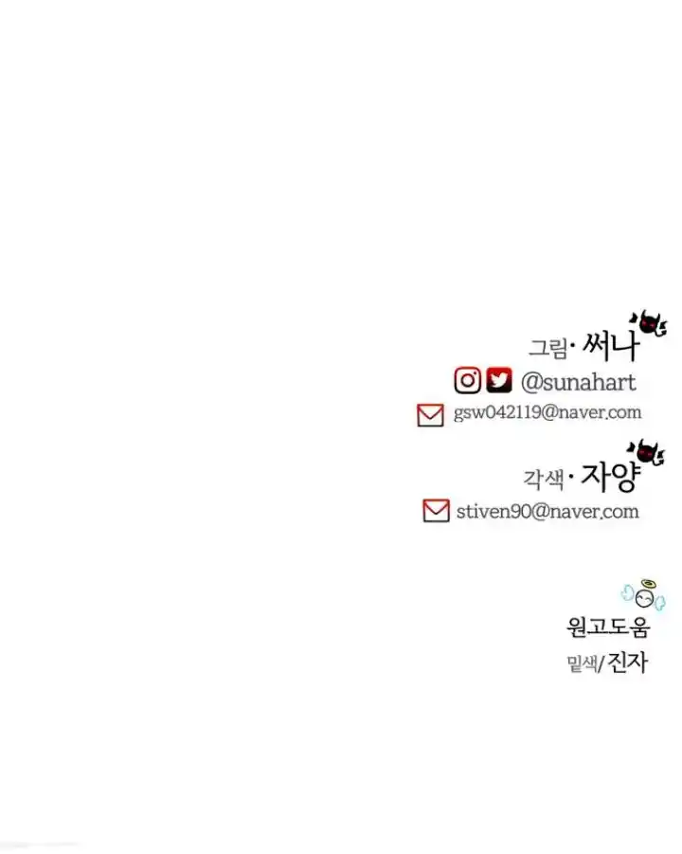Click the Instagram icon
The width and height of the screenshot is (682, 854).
pyautogui.click(x=468, y=381)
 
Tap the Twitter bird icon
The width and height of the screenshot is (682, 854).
pyautogui.click(x=498, y=380)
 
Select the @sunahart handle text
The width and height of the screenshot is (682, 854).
pyautogui.click(x=578, y=382)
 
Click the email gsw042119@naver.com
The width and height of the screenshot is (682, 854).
pyautogui.click(x=547, y=412)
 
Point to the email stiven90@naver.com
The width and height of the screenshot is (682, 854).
pyautogui.click(x=547, y=512)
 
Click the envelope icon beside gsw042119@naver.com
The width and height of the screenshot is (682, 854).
pyautogui.click(x=431, y=415)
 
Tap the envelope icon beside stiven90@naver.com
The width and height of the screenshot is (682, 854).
pyautogui.click(x=436, y=511)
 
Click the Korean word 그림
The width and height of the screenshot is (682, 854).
pyautogui.click(x=548, y=348)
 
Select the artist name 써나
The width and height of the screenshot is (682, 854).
pyautogui.click(x=611, y=346)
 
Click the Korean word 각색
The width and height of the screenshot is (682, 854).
pyautogui.click(x=543, y=480)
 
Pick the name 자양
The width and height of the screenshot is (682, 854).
pyautogui.click(x=610, y=477)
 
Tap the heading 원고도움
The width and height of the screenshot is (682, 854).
pyautogui.click(x=608, y=627)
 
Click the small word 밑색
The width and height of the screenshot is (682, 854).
pyautogui.click(x=581, y=663)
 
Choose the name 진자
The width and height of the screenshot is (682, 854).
pyautogui.click(x=627, y=663)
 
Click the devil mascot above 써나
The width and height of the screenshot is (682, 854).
pyautogui.click(x=648, y=323)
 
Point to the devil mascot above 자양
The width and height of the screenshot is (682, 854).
pyautogui.click(x=647, y=453)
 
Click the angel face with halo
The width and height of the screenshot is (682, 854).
pyautogui.click(x=644, y=595)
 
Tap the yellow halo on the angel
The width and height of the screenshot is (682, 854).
pyautogui.click(x=648, y=584)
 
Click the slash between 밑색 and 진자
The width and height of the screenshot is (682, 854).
pyautogui.click(x=601, y=663)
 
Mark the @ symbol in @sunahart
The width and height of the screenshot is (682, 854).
pyautogui.click(x=531, y=382)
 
